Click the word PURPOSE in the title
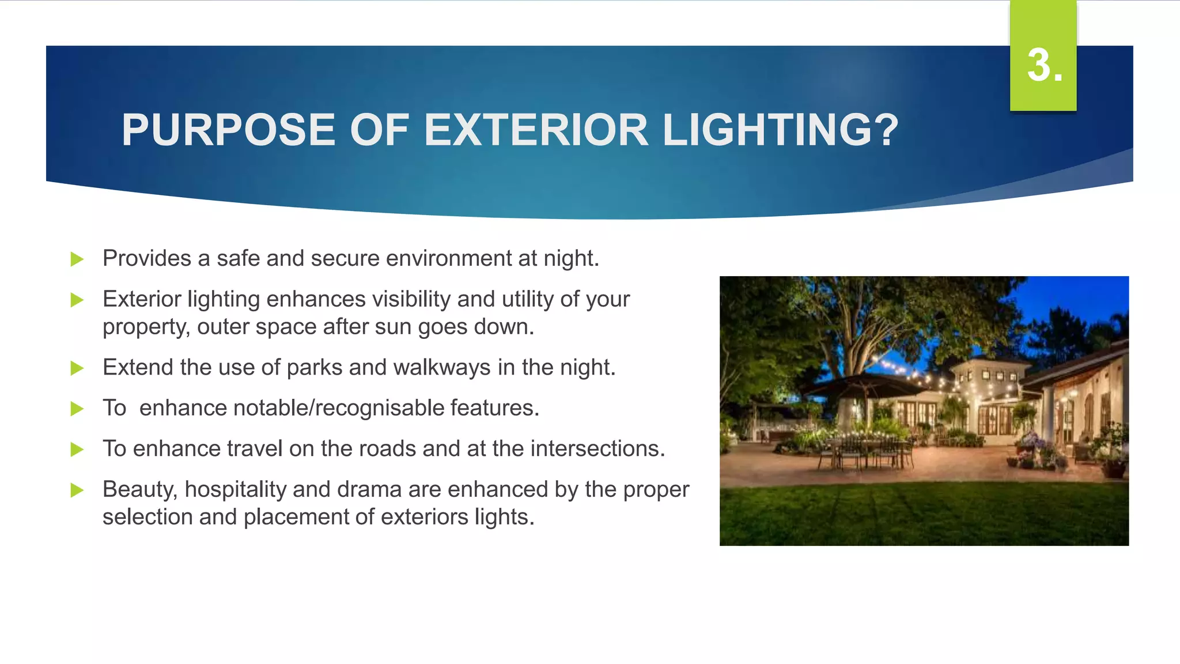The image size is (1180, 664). click(x=228, y=130)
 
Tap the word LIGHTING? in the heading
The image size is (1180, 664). click(x=780, y=130)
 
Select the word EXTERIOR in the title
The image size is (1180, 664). click(x=536, y=130)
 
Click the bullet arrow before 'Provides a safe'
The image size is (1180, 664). click(x=77, y=259)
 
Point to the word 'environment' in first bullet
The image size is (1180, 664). click(x=448, y=258)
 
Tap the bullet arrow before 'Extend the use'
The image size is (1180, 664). click(x=77, y=368)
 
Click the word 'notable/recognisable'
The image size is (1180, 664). click(x=292, y=408)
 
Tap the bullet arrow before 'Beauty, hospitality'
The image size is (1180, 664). click(x=77, y=491)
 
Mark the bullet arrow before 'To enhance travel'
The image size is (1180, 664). click(x=77, y=450)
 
